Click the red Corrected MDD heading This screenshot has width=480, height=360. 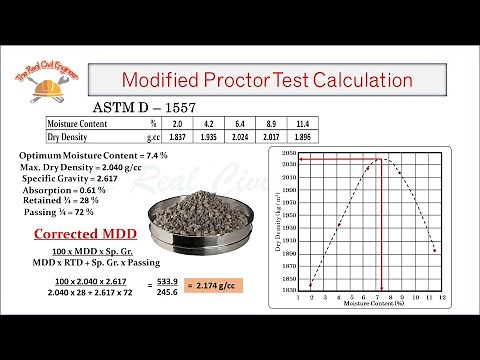[71, 235]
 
